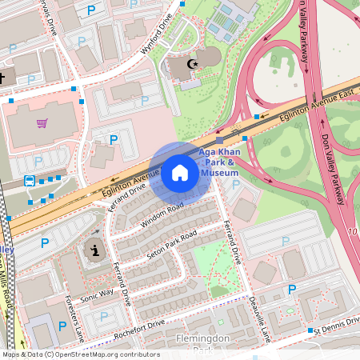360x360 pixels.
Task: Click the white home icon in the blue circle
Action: (180, 173)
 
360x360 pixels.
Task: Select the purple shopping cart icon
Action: (42, 123)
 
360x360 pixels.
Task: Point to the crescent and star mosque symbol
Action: (191, 63)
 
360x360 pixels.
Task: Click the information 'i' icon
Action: (96, 250)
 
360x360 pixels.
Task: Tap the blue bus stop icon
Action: (30, 181)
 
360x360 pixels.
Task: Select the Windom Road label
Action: (163, 213)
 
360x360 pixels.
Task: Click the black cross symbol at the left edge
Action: (2, 78)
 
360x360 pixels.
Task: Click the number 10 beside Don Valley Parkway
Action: (353, 232)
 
